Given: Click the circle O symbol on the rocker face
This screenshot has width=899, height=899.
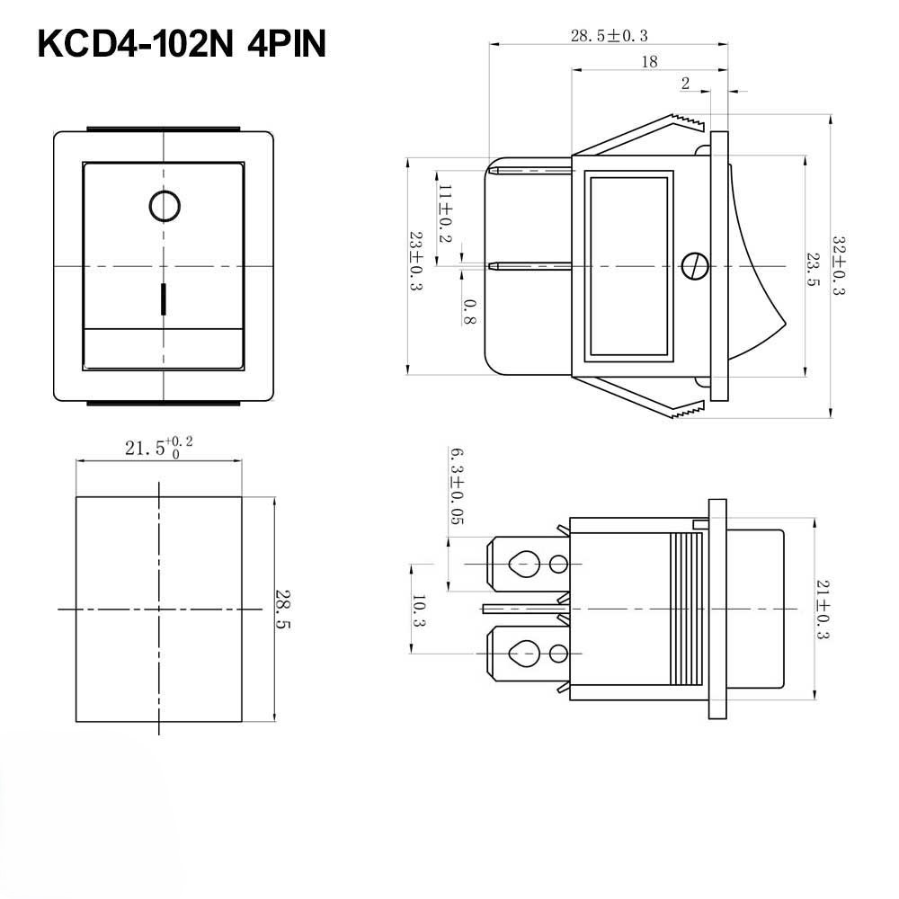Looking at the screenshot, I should click(x=164, y=206).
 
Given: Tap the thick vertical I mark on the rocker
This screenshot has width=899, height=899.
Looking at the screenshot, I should click(x=164, y=299).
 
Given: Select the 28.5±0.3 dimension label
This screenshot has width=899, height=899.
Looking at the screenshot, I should click(x=609, y=36).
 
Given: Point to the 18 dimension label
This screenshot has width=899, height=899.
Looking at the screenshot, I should click(x=649, y=62).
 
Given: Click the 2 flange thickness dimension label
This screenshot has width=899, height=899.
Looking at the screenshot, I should click(x=685, y=84).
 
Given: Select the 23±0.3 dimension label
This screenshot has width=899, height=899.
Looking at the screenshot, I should click(x=416, y=261).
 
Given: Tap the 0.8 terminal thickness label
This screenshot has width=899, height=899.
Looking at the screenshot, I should click(x=469, y=311).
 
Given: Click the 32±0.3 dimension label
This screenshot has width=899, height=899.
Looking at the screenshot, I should click(x=838, y=266).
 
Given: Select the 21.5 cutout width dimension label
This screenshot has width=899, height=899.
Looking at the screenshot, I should click(x=158, y=448).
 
